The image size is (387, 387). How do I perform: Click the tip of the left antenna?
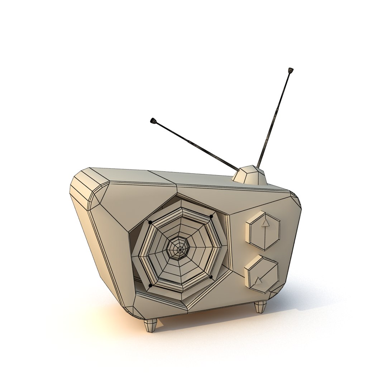pyautogui.click(x=153, y=121)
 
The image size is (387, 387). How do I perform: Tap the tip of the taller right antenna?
pyautogui.click(x=290, y=70)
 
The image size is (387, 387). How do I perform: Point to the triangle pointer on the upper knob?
pyautogui.click(x=265, y=223)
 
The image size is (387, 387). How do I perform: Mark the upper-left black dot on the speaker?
pyautogui.click(x=150, y=222)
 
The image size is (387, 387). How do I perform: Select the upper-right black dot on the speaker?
pyautogui.click(x=211, y=216)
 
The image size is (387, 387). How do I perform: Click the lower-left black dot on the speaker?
pyautogui.click(x=150, y=286)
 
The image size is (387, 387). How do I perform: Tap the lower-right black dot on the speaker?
pyautogui.click(x=211, y=277)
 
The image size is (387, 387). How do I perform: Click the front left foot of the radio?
pyautogui.click(x=150, y=325)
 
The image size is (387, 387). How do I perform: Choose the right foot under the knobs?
pyautogui.click(x=261, y=307)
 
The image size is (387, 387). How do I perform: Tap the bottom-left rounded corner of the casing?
pyautogui.click(x=131, y=311)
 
